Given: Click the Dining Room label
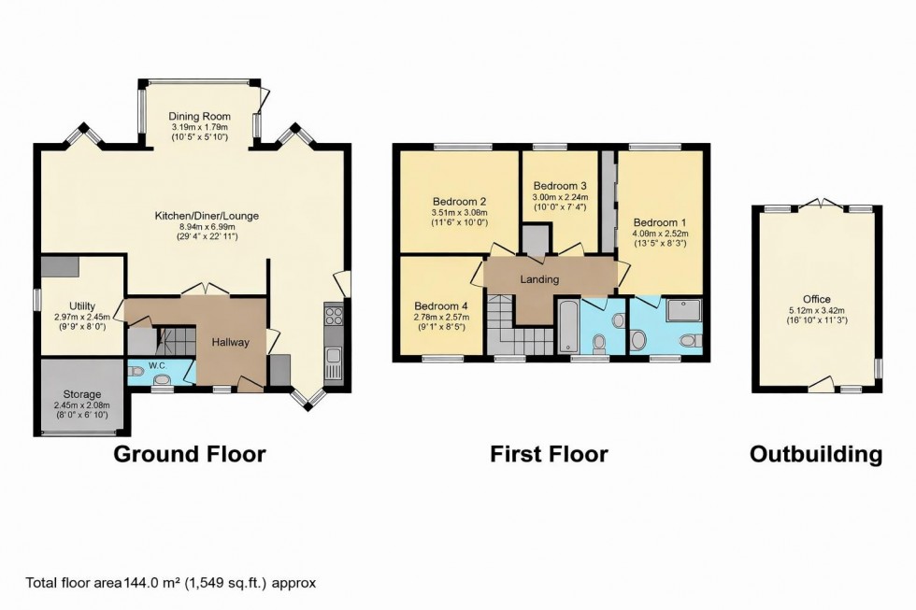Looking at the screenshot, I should [199, 116].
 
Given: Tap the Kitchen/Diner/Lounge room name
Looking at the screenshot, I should [207, 216].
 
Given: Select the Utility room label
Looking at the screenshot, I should [81, 305].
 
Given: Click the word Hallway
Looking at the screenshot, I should [230, 342].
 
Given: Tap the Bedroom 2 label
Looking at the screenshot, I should [459, 201].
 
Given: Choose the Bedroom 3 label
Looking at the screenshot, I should [560, 186].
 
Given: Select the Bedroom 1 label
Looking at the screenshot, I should [660, 221].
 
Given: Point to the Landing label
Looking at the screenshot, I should [539, 279].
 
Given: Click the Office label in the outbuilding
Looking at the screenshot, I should [818, 300].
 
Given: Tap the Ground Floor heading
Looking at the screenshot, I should [190, 455].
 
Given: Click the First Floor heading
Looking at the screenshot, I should [549, 455].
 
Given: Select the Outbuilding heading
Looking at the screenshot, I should [816, 455].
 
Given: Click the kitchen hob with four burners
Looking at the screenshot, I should [334, 315].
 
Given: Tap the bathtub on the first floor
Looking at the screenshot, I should [567, 327].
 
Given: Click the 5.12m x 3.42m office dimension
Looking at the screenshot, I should [818, 310].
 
